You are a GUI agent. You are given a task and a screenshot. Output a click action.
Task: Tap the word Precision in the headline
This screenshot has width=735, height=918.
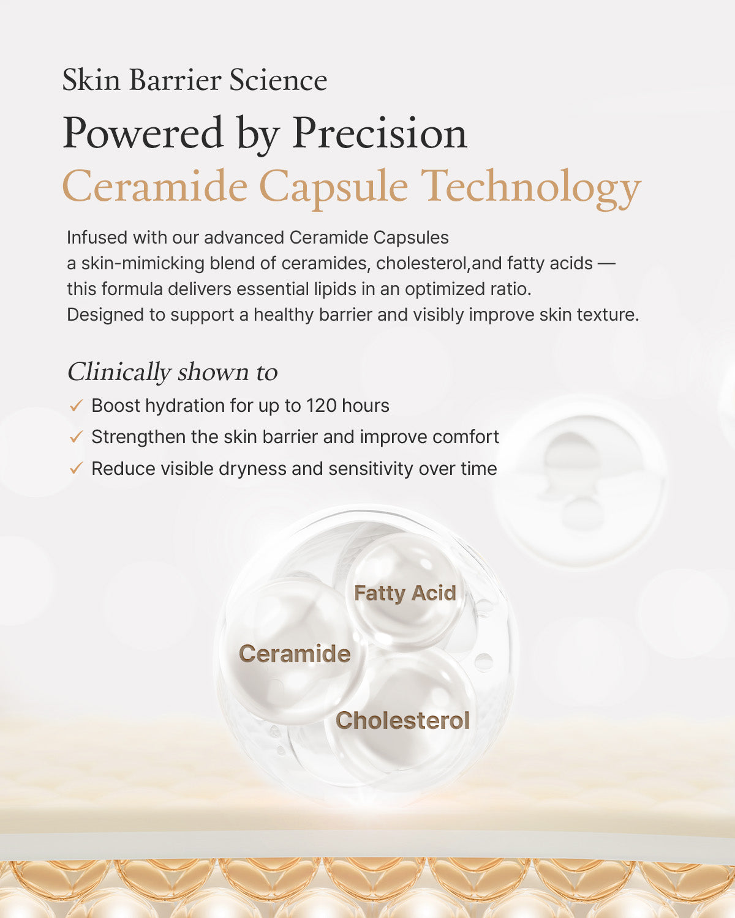click(380, 133)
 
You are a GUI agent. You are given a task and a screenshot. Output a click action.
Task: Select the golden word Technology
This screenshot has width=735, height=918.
click(530, 187)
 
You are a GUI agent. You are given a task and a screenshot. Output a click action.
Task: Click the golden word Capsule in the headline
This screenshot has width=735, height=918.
click(333, 187)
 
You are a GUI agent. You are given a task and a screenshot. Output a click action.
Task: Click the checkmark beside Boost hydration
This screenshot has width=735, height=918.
click(76, 406)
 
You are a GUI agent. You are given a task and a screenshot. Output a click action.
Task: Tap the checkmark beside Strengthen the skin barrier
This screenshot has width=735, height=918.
click(76, 437)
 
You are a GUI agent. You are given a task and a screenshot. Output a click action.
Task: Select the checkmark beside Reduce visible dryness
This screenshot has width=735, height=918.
click(76, 469)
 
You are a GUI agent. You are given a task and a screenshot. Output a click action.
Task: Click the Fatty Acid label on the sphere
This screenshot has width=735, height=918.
click(405, 593)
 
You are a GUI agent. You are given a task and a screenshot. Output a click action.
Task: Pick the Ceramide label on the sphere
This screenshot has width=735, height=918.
click(295, 654)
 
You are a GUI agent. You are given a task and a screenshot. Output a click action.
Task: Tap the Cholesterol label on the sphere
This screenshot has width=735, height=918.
click(402, 720)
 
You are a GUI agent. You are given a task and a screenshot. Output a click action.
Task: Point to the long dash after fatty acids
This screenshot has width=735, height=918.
click(606, 264)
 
